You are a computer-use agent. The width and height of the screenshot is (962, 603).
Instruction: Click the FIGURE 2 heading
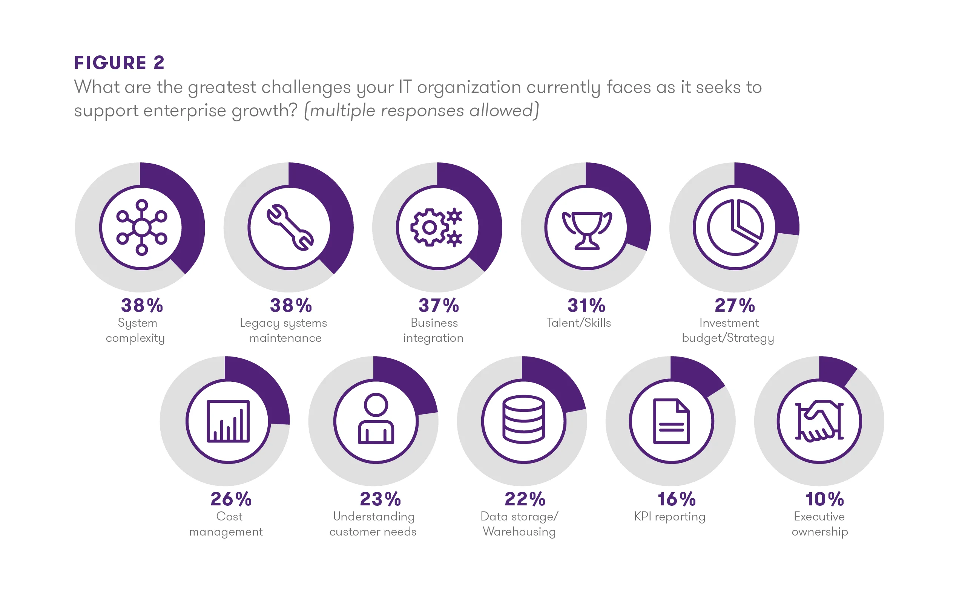(x=119, y=63)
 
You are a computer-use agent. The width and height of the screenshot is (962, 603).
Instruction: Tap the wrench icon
(x=290, y=227)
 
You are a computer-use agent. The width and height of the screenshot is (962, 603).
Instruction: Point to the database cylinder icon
(x=523, y=419)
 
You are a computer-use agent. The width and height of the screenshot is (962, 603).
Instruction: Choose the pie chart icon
(x=735, y=227)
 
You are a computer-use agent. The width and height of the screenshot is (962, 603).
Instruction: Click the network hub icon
(x=142, y=227)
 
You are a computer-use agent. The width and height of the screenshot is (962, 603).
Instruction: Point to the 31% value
(x=586, y=306)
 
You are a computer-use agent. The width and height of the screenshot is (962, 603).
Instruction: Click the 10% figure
(x=824, y=499)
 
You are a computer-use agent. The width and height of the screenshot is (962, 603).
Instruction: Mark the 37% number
(x=439, y=306)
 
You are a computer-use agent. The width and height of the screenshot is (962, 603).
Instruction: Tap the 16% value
(x=676, y=499)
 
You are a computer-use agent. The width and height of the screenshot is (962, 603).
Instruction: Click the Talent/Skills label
(x=578, y=323)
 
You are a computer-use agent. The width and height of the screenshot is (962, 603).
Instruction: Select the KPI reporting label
(x=669, y=516)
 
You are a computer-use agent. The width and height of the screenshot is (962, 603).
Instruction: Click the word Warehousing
(x=519, y=532)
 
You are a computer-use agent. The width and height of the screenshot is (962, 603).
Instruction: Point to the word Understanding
(x=374, y=516)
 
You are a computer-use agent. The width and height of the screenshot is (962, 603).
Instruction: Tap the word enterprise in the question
(x=184, y=110)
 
